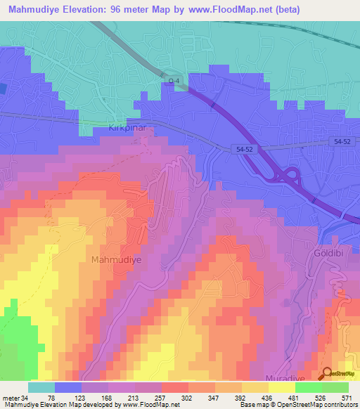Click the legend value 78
(x=51, y=397)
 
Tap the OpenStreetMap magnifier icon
(x=326, y=375)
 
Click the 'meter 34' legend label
(x=15, y=397)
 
